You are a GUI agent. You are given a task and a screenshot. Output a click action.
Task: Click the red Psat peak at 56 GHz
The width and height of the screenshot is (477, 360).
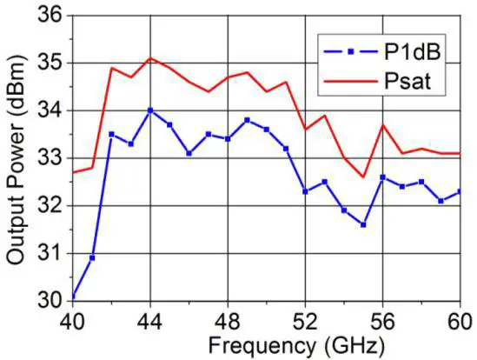(x=382, y=124)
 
